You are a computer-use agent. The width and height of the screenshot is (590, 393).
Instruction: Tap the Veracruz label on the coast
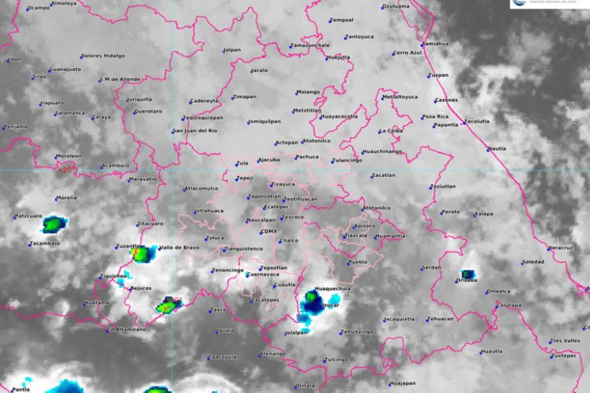[561, 248]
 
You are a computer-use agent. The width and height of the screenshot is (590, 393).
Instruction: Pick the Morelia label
[67, 198]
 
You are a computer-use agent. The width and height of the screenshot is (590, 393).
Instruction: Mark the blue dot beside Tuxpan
[429, 76]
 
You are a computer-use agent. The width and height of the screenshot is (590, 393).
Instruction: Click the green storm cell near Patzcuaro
[53, 225]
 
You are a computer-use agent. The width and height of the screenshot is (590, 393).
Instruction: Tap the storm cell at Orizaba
[468, 274]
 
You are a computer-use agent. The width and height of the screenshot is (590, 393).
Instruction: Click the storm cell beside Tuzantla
[141, 254]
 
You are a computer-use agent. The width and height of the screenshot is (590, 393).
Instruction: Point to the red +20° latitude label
[65, 170]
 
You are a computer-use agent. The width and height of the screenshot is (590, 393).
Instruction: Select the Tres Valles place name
[566, 341]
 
